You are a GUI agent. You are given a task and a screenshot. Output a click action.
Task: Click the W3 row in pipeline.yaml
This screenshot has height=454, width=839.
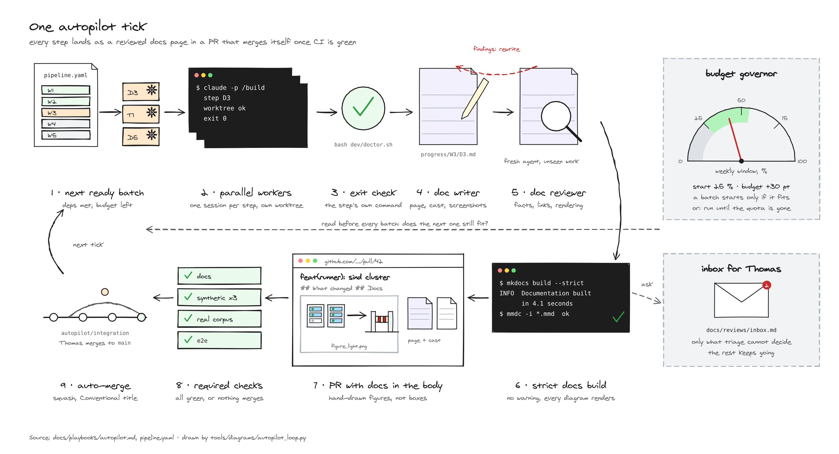[66, 113]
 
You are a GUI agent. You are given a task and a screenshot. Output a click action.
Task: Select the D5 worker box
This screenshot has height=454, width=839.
[141, 136]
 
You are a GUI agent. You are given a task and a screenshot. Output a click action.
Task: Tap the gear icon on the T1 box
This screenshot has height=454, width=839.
[151, 113]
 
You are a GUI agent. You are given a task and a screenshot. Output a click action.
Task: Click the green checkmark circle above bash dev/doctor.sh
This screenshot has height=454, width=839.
[363, 108]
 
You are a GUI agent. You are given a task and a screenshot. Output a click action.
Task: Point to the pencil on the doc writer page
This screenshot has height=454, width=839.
[475, 98]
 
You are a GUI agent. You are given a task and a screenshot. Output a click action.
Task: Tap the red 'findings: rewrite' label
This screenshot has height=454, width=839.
[496, 49]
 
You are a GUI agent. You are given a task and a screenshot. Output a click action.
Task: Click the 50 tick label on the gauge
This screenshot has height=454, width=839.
[741, 100]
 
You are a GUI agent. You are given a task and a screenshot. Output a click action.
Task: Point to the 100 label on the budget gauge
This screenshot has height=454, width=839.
[802, 161]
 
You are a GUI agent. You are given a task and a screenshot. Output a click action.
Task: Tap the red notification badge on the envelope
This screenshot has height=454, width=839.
[767, 285]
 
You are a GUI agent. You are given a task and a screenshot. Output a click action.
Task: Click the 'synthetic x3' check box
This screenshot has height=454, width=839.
[219, 297]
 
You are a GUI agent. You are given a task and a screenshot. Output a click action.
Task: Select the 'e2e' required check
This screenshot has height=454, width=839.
[219, 340]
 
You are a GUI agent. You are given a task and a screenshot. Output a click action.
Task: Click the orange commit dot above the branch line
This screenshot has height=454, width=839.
[105, 292]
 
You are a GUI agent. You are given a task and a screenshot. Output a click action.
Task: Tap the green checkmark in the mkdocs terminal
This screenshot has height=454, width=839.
[618, 317]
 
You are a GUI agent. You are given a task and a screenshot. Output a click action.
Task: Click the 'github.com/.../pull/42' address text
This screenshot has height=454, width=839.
[354, 261]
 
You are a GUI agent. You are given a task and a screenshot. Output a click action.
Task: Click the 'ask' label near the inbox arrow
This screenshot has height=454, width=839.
[647, 285]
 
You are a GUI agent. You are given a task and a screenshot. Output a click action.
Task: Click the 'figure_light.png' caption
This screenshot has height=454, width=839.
[349, 346]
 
